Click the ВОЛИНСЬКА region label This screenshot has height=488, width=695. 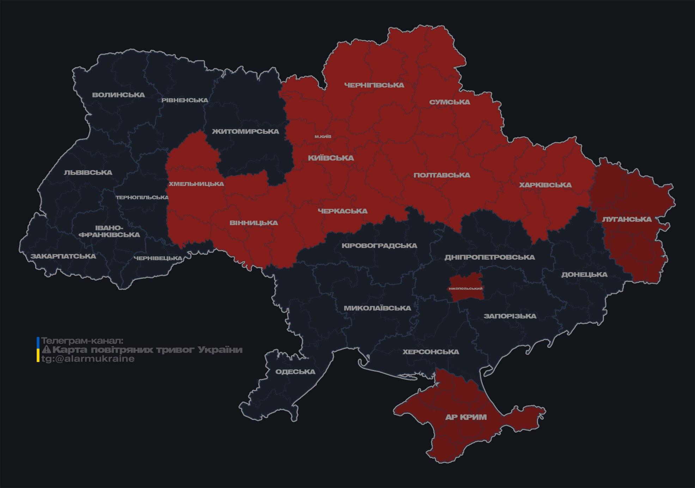click(x=118, y=95)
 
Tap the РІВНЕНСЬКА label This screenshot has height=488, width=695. click(x=185, y=100)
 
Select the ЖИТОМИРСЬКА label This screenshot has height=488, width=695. click(x=245, y=132)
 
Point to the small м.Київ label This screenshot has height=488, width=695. click(x=323, y=137)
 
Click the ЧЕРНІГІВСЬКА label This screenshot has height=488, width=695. click(x=374, y=85)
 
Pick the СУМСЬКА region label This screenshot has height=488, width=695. click(x=450, y=102)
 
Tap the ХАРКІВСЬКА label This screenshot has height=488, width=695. click(x=545, y=185)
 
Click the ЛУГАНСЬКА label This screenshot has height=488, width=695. click(x=627, y=219)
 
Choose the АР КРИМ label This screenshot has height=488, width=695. click(x=466, y=417)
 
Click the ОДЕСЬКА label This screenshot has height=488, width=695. click(x=295, y=372)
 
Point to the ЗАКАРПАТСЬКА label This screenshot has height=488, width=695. click(x=63, y=256)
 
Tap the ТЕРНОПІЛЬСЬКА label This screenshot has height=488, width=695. click(x=142, y=198)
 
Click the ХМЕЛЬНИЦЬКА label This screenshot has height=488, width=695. click(x=196, y=184)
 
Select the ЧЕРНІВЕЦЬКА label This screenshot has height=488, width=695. click(x=158, y=258)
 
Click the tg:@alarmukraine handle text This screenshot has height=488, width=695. click(x=88, y=359)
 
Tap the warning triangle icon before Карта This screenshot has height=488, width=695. click(x=46, y=350)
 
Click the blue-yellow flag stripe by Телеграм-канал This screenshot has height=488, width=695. click(x=38, y=350)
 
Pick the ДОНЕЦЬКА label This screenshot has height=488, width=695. click(x=584, y=275)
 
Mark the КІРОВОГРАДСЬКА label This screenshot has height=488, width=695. click(x=379, y=246)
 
